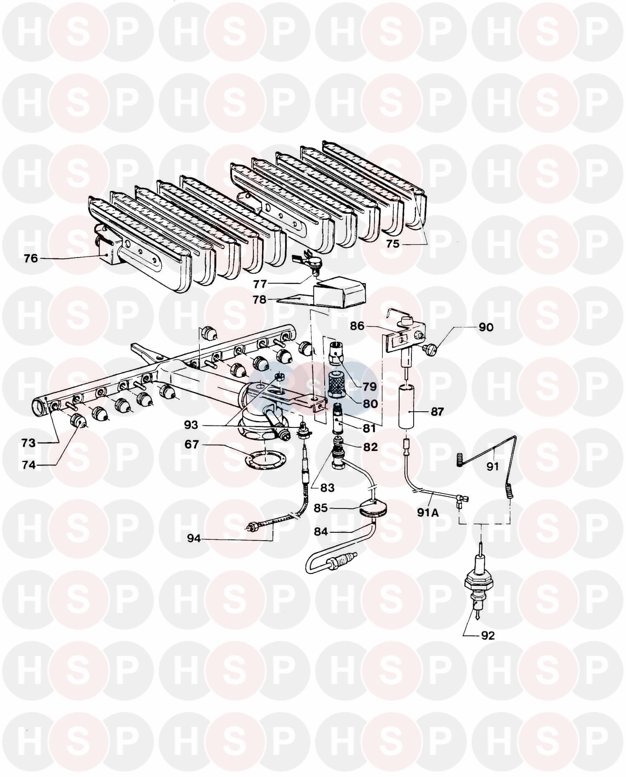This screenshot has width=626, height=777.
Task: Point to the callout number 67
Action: [192, 445]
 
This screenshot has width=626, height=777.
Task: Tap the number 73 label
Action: [30, 443]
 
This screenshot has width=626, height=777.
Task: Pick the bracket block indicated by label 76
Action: [109, 249]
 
